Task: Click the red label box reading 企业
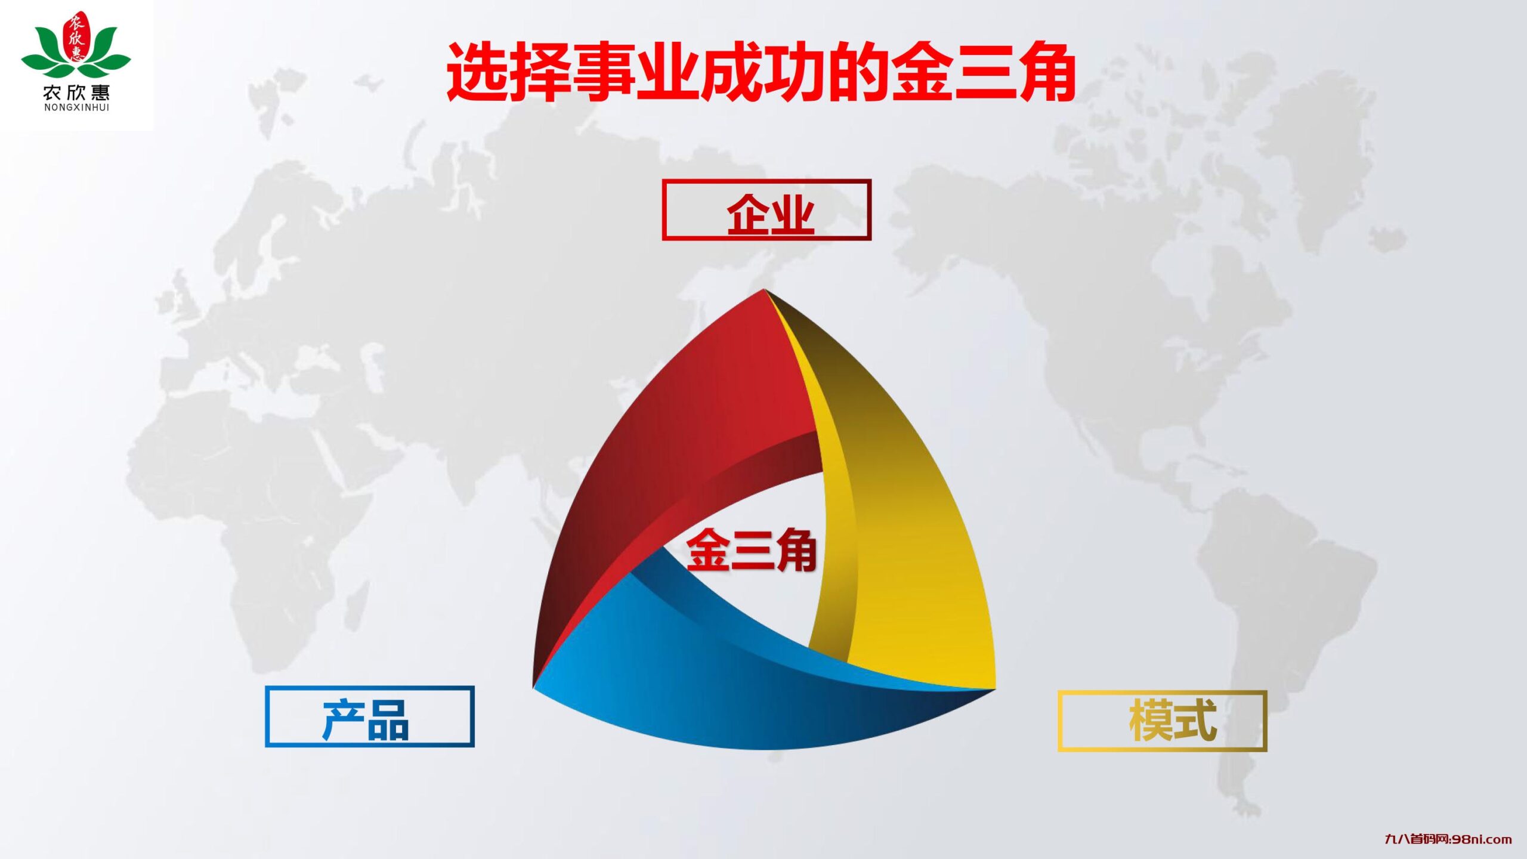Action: click(766, 210)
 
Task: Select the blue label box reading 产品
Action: click(370, 716)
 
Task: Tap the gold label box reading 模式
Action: click(1162, 721)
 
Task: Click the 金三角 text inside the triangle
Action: click(751, 550)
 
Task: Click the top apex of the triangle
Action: click(764, 292)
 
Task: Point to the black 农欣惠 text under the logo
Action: click(76, 92)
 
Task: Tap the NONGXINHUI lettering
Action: click(76, 108)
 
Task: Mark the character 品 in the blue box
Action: click(388, 721)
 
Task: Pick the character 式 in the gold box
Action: click(1194, 721)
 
